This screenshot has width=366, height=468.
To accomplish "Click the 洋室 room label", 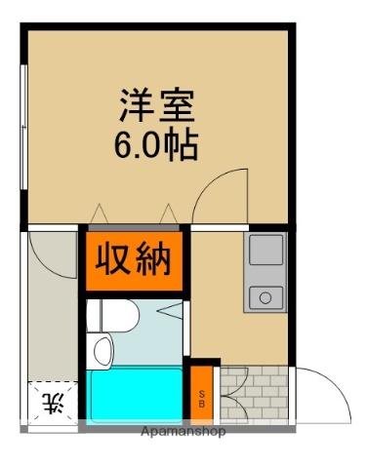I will [x=157, y=102].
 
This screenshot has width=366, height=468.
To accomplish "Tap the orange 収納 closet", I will [x=133, y=260].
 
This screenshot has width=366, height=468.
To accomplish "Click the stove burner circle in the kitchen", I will [x=263, y=296].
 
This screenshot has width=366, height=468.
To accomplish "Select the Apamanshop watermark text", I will [x=183, y=430].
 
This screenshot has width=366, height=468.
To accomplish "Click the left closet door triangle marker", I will [x=98, y=213].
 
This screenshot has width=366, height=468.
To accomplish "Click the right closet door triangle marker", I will [x=169, y=213].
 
